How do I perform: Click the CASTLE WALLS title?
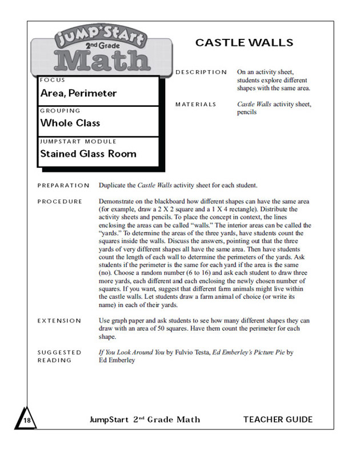coord(244,43)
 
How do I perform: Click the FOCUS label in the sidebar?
coord(53,81)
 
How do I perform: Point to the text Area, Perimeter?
coord(78,93)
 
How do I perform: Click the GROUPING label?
coord(60,111)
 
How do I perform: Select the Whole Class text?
coord(70,123)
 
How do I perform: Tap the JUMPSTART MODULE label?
coord(78,141)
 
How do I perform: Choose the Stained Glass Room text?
coord(88,154)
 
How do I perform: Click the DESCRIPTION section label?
coord(201,72)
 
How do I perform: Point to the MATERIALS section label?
coord(195,105)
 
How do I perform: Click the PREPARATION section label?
coord(63,186)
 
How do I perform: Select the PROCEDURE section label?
coord(59,202)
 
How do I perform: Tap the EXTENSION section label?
coord(59,321)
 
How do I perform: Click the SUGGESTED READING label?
coord(59,356)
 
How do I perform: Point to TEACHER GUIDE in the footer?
coord(278,420)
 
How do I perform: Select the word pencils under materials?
coord(247,112)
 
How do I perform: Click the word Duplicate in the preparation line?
coord(114,186)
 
